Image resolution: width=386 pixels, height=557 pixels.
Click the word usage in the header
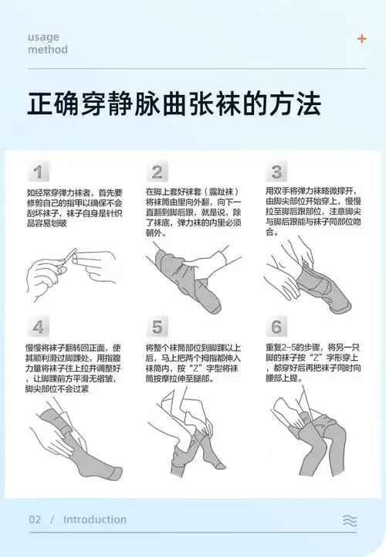coord(44,37)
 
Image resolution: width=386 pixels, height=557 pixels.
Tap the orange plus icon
coord(361,39)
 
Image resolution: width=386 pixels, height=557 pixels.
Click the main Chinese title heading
coord(174,104)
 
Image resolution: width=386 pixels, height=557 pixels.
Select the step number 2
coord(157,172)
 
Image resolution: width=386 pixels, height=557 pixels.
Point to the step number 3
coord(276,172)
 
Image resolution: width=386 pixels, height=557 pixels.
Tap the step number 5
coord(157,326)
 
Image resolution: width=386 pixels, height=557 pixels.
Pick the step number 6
coord(276,326)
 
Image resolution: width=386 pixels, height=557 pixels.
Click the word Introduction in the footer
coord(94,520)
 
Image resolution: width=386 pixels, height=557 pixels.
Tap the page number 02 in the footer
coord(35,520)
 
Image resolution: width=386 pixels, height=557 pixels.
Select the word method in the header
coord(47,50)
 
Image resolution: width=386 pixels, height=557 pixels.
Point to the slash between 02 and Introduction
coord(52,520)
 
